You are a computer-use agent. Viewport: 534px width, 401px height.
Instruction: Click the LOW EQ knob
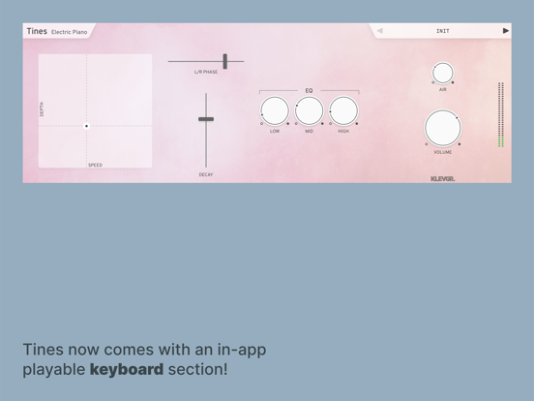click(x=275, y=110)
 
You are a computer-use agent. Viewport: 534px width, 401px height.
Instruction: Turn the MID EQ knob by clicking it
click(x=309, y=110)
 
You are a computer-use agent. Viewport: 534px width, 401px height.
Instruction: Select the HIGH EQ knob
click(x=343, y=110)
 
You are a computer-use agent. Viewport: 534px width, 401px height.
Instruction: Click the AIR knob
click(x=443, y=73)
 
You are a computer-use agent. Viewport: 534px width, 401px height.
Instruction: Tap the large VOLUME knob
click(x=443, y=128)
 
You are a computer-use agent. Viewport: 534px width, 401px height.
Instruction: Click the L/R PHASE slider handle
click(x=224, y=61)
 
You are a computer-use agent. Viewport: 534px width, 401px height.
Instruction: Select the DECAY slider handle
click(x=206, y=119)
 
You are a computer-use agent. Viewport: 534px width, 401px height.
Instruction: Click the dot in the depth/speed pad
click(x=86, y=126)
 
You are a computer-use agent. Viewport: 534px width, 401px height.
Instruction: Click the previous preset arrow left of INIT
click(x=380, y=31)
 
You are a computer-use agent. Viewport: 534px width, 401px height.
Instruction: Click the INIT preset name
click(x=443, y=31)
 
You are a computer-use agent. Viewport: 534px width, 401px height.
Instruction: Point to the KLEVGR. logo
click(x=442, y=178)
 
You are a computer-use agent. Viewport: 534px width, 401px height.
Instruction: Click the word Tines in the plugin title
click(x=37, y=31)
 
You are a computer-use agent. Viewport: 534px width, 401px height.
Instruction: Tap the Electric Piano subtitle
click(x=69, y=32)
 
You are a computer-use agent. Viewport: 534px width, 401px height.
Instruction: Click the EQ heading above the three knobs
click(x=309, y=91)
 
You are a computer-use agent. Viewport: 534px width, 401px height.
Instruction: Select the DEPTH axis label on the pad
click(x=42, y=109)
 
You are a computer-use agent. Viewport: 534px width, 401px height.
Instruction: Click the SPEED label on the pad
click(x=96, y=165)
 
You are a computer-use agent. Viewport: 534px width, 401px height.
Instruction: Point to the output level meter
click(x=501, y=114)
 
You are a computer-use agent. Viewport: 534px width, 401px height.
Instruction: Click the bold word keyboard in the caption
click(x=127, y=370)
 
